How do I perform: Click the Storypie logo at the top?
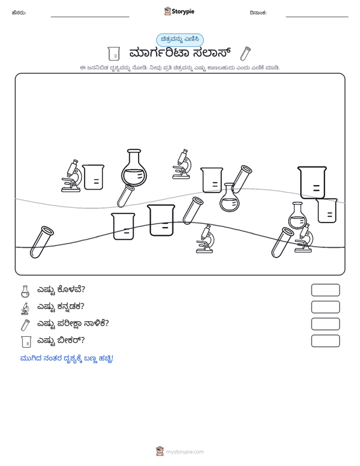tap(179, 11)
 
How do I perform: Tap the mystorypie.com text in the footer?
tap(184, 452)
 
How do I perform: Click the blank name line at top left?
tap(90, 17)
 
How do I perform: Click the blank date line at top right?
tap(317, 17)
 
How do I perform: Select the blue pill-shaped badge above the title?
tap(180, 39)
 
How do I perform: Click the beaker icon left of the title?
tap(114, 54)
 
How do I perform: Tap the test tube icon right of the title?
tap(246, 53)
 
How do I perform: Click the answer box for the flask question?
tap(325, 290)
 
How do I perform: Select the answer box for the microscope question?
tap(325, 307)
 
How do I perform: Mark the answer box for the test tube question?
tap(325, 324)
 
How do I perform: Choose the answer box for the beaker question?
tap(325, 341)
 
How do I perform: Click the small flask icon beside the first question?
tap(25, 292)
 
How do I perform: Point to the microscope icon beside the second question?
tap(25, 308)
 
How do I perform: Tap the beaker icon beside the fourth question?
tap(26, 342)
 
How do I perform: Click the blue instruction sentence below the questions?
tap(67, 359)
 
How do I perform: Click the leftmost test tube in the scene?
tap(41, 242)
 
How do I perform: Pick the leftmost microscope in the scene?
tap(72, 176)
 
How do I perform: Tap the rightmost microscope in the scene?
tap(304, 238)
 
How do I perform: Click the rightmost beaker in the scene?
tap(327, 210)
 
